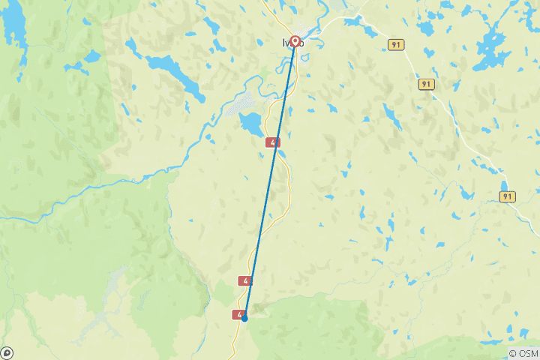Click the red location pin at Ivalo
[295, 41]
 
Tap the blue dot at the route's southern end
[244, 318]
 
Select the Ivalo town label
[293, 43]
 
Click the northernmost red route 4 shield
[273, 142]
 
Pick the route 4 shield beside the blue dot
[239, 315]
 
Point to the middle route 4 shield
[245, 280]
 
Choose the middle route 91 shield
[426, 85]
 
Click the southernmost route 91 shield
[508, 196]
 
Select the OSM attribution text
[526, 353]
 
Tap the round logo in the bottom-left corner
[7, 352]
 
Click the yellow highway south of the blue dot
[235, 341]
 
